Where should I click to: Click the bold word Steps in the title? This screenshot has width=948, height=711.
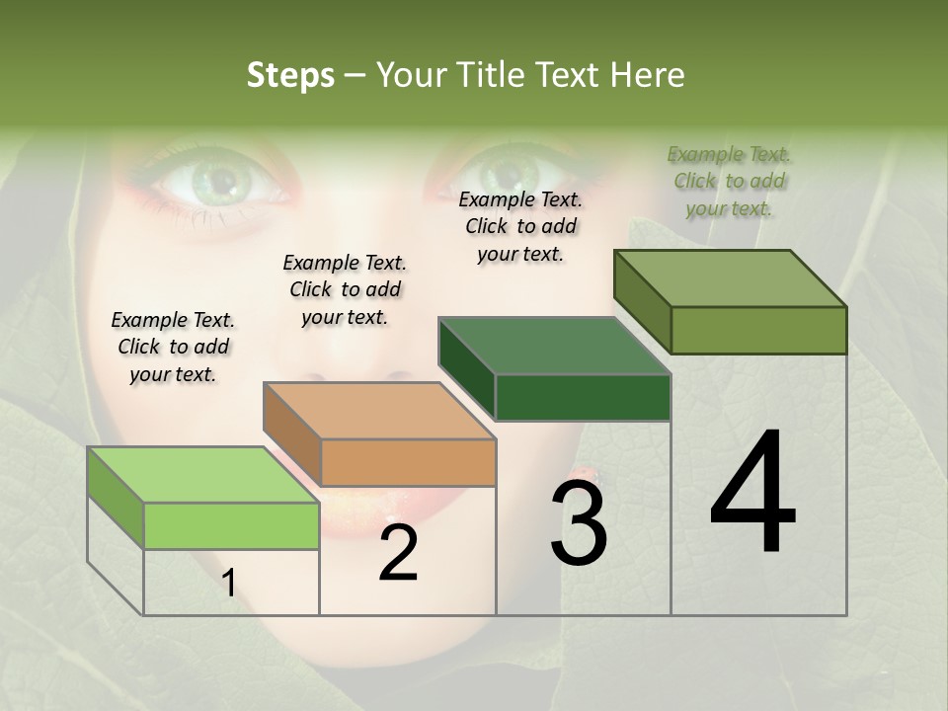point(290,75)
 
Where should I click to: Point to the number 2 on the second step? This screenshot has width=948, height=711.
point(398,553)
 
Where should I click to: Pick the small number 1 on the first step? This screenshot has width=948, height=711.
point(229,584)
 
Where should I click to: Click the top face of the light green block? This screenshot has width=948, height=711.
point(202,475)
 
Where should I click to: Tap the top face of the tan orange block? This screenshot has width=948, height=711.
point(379,411)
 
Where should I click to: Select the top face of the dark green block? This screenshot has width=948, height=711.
point(555,346)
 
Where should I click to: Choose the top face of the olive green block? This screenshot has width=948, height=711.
point(731,278)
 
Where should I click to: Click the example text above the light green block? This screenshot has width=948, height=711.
point(173,347)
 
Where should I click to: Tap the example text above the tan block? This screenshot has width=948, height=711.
point(345,289)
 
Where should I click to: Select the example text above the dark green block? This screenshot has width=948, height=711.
point(520,226)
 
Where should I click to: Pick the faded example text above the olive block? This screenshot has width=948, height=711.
point(729,181)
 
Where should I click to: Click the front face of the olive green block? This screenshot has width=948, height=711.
point(758,330)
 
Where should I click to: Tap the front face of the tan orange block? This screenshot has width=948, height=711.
point(408,462)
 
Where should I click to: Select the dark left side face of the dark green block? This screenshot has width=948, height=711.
point(466,370)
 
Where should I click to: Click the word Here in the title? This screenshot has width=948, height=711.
point(648,75)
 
